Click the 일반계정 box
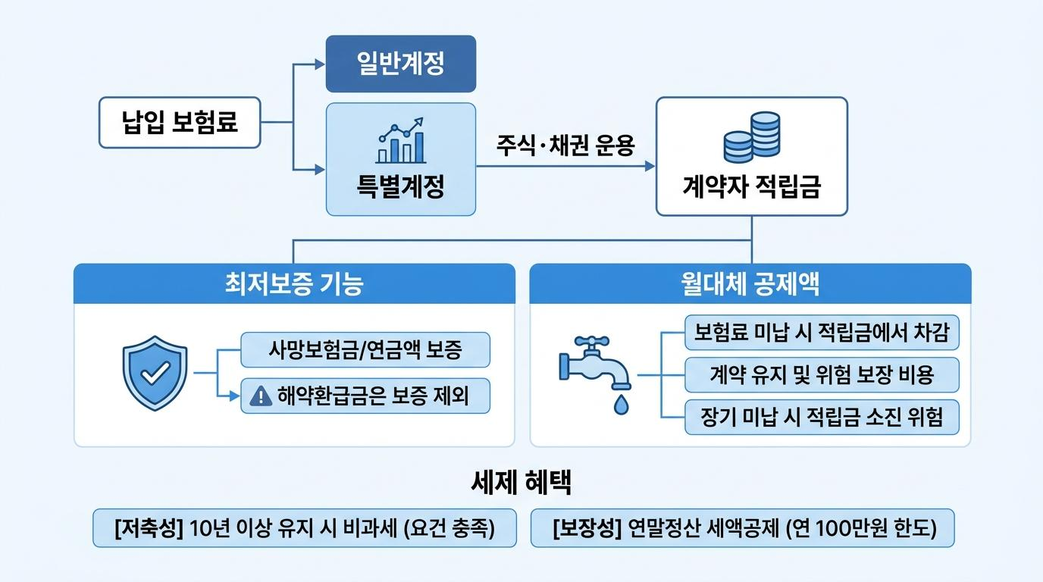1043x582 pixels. click(401, 64)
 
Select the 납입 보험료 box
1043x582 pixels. click(180, 123)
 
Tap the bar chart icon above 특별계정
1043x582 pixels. click(401, 140)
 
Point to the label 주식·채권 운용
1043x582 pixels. click(565, 145)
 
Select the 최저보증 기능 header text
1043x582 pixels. click(294, 283)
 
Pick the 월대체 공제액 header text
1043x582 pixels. click(750, 283)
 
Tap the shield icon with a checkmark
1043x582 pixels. click(155, 373)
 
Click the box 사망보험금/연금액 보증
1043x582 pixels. click(365, 349)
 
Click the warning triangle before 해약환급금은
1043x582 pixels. click(261, 396)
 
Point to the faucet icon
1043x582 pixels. click(594, 363)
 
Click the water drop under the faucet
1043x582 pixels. click(621, 405)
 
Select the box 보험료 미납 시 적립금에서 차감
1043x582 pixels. click(822, 333)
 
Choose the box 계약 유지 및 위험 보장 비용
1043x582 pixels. click(822, 375)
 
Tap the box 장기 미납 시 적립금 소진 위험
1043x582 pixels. click(822, 418)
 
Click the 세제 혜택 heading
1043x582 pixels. click(521, 483)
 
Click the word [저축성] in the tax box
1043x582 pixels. click(149, 528)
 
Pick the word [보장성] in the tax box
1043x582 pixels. click(587, 528)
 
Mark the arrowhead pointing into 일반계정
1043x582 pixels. click(320, 64)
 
